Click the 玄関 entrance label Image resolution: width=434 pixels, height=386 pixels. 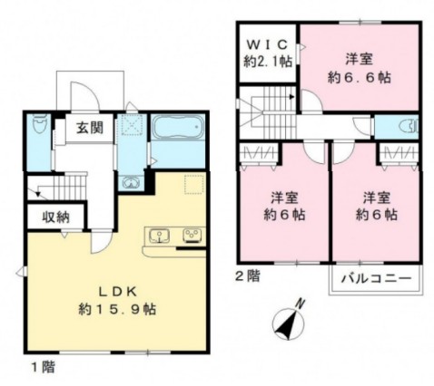coord(87,128)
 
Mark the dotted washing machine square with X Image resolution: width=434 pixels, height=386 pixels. coord(133,126)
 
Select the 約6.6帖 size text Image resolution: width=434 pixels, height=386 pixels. coord(358,78)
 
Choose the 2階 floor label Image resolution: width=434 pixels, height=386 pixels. coord(249,275)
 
